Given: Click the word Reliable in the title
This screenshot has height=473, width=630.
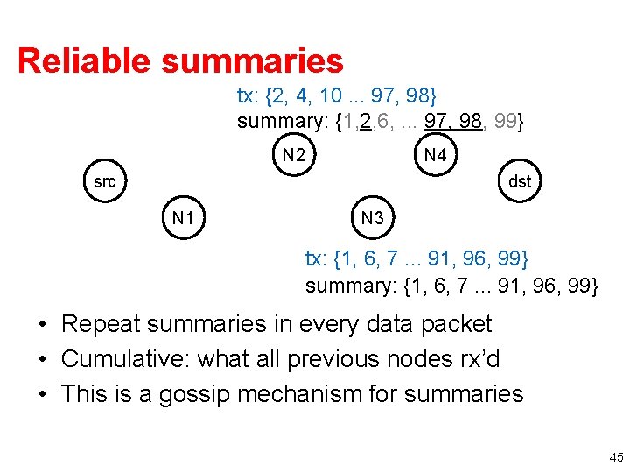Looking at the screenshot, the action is [x=84, y=61].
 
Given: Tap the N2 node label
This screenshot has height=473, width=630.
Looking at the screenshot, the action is [x=294, y=156].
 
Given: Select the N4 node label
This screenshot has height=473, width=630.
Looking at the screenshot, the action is [x=435, y=156].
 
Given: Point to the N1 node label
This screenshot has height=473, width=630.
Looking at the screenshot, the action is [x=183, y=217].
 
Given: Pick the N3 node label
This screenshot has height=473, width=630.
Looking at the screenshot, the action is [x=373, y=217].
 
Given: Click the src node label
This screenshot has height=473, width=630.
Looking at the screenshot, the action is [x=104, y=182].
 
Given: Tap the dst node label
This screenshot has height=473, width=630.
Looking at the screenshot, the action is [x=520, y=182].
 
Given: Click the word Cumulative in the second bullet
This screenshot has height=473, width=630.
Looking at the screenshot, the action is [x=122, y=359].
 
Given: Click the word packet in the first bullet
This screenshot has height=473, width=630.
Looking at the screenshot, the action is [x=457, y=324].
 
